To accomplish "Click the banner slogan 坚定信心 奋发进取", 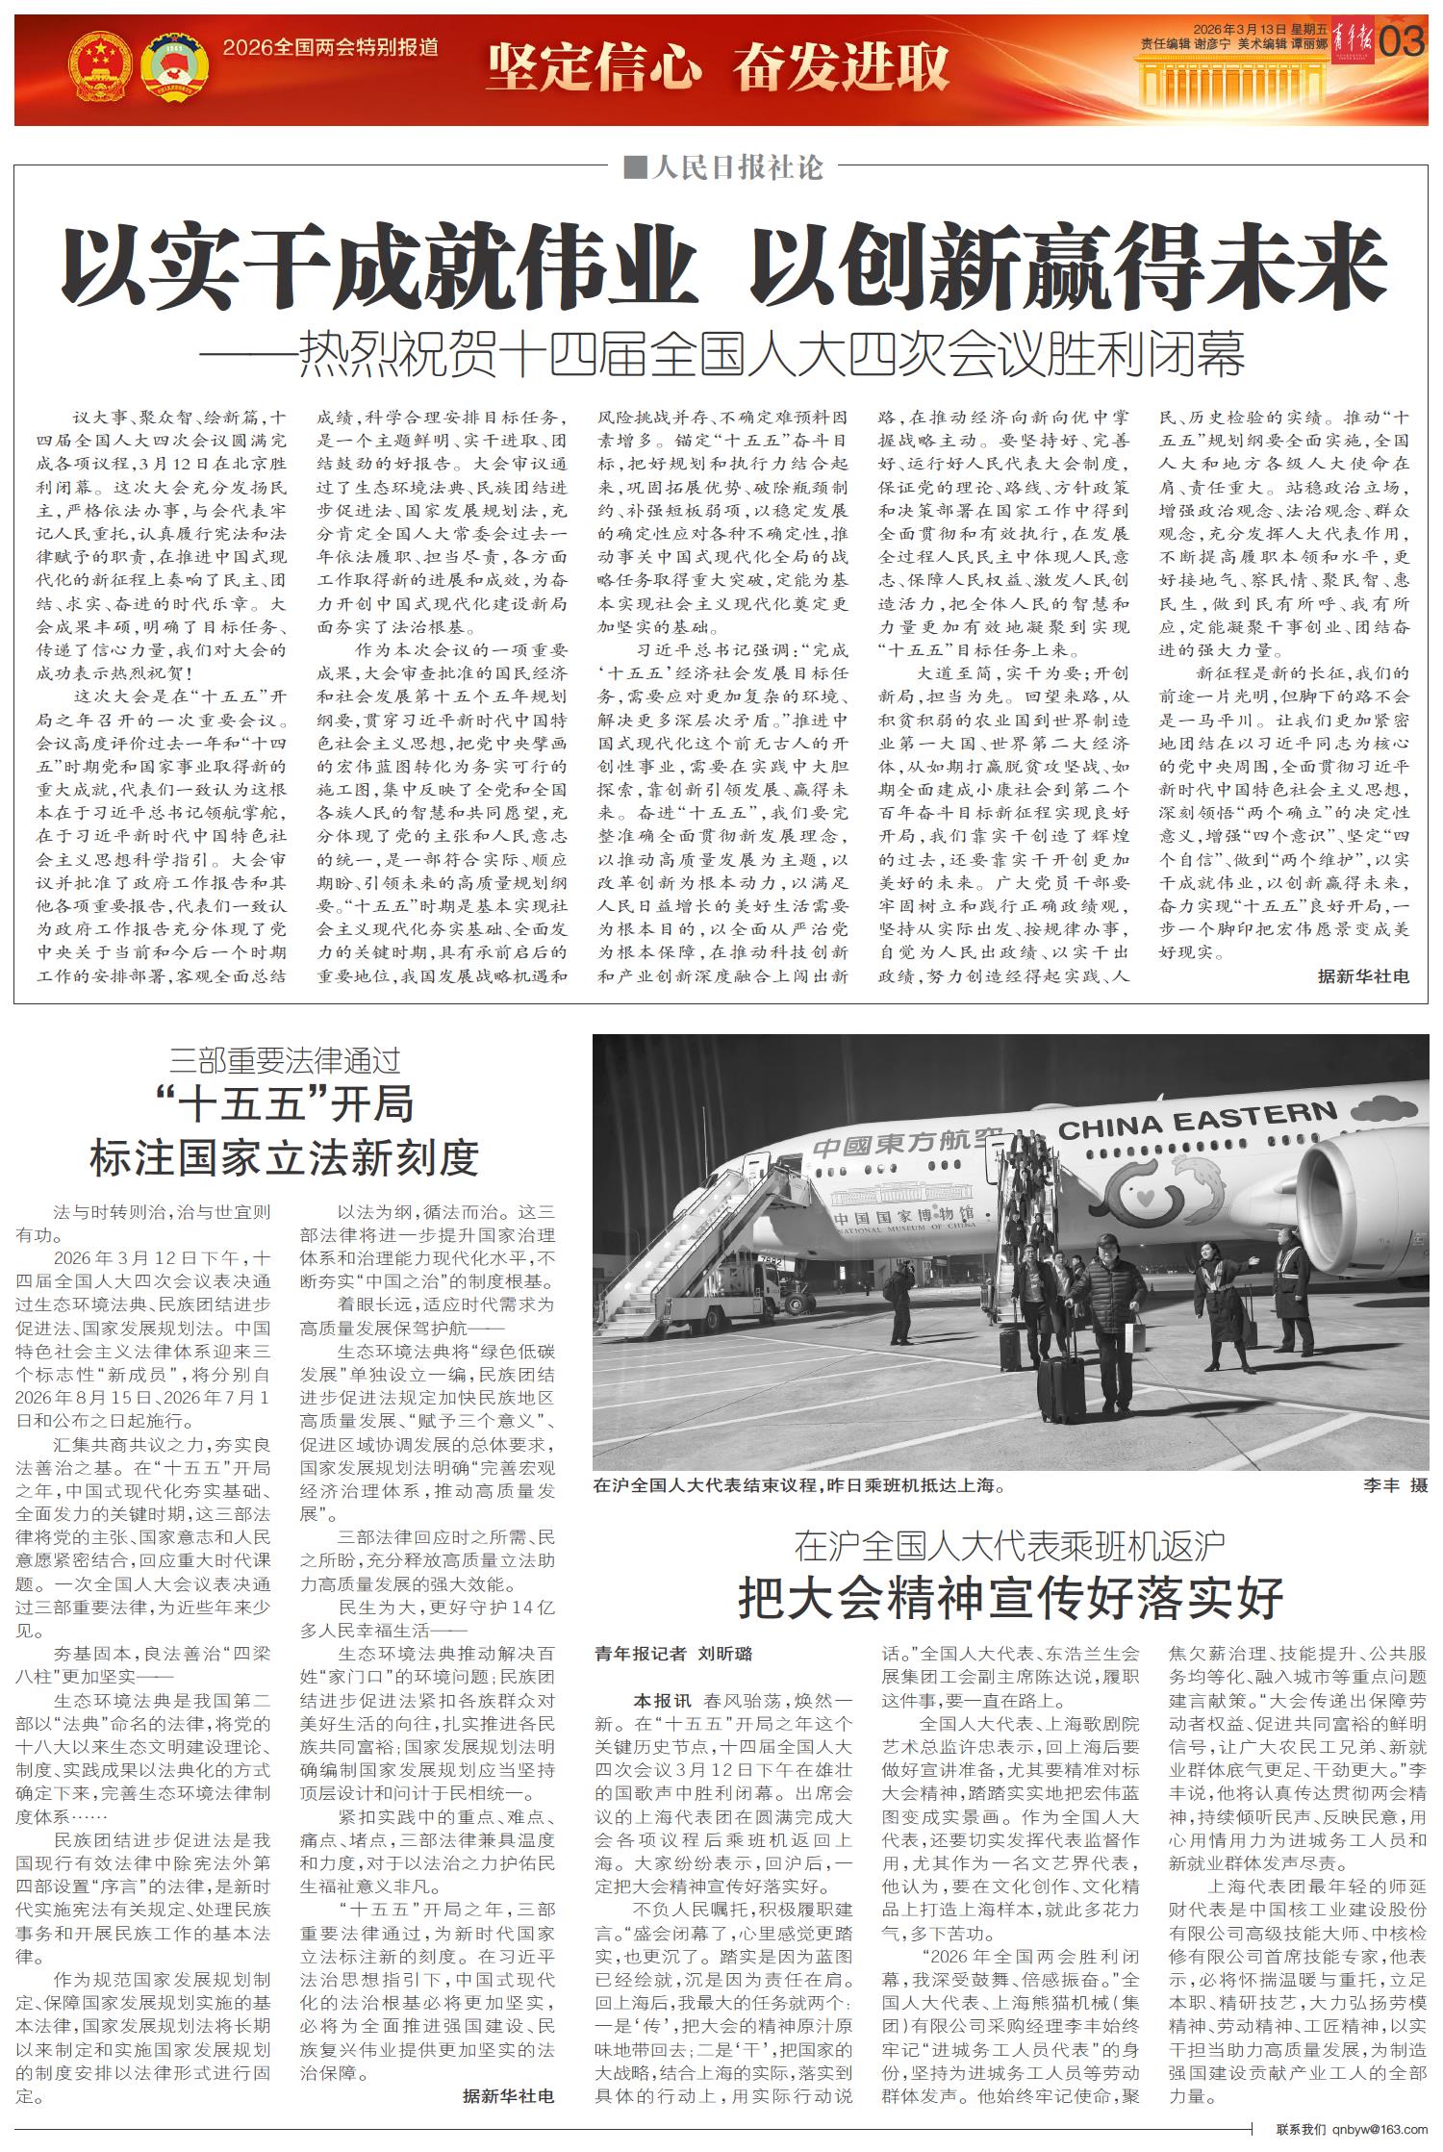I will click(718, 66).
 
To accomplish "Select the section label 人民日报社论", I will click(724, 169).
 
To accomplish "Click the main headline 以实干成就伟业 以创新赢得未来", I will click(723, 266).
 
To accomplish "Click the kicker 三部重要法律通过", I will click(285, 1061).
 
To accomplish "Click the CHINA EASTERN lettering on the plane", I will click(1198, 1121).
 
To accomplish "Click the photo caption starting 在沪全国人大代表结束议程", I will click(799, 1485).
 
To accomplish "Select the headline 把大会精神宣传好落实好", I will click(1010, 1598).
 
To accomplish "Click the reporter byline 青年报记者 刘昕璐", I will click(673, 1654).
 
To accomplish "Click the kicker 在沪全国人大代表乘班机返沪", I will click(1010, 1545).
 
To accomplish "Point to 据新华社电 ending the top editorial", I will click(1363, 976).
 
